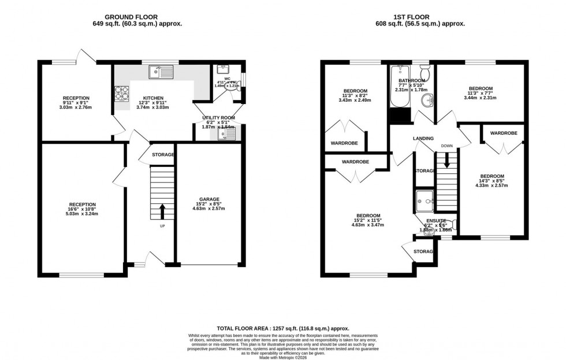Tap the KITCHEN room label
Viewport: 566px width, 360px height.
(x=153, y=99)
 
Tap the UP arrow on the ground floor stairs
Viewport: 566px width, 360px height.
(x=162, y=211)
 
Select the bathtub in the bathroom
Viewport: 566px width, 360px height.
(x=399, y=88)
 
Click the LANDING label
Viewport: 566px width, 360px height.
(x=423, y=139)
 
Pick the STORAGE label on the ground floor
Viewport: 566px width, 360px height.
(x=163, y=155)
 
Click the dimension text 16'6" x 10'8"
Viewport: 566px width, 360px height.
(x=83, y=209)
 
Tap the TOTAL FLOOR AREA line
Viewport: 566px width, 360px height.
(x=282, y=327)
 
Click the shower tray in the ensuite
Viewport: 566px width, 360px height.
(x=425, y=201)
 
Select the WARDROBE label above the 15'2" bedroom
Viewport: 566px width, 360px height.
(x=355, y=162)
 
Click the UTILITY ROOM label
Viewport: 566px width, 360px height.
(x=217, y=118)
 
